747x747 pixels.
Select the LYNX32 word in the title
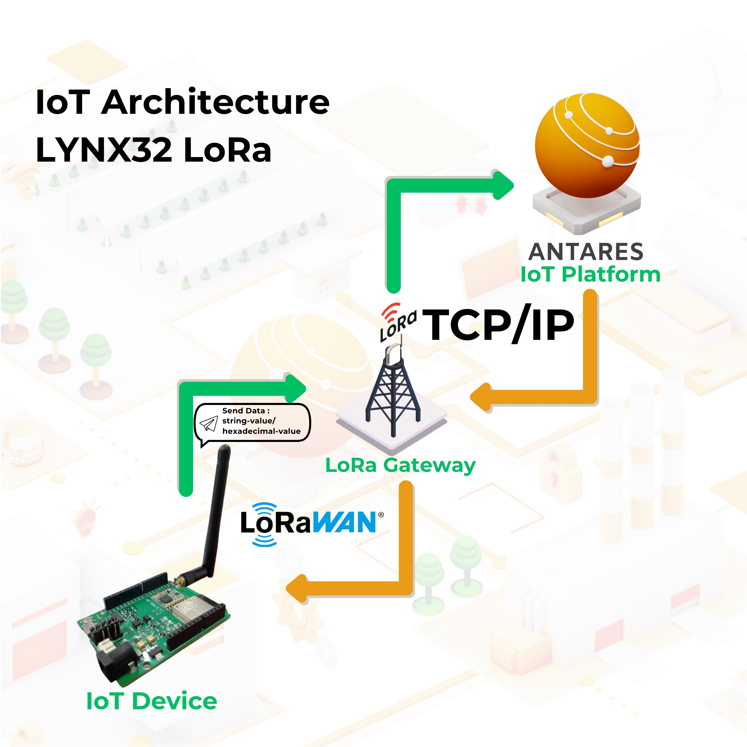[x=104, y=150]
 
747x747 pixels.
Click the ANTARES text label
[x=586, y=252]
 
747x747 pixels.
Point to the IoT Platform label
[x=590, y=275]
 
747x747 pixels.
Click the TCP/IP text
[x=498, y=325]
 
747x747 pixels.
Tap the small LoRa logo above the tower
[x=397, y=322]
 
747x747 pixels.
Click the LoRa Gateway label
[x=400, y=465]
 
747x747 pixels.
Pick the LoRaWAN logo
[x=312, y=524]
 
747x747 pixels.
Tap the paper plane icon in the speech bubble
[x=208, y=423]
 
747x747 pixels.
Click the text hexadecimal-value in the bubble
[x=261, y=431]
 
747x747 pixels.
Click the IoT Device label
[x=152, y=701]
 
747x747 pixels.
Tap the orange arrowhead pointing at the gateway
[x=481, y=397]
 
